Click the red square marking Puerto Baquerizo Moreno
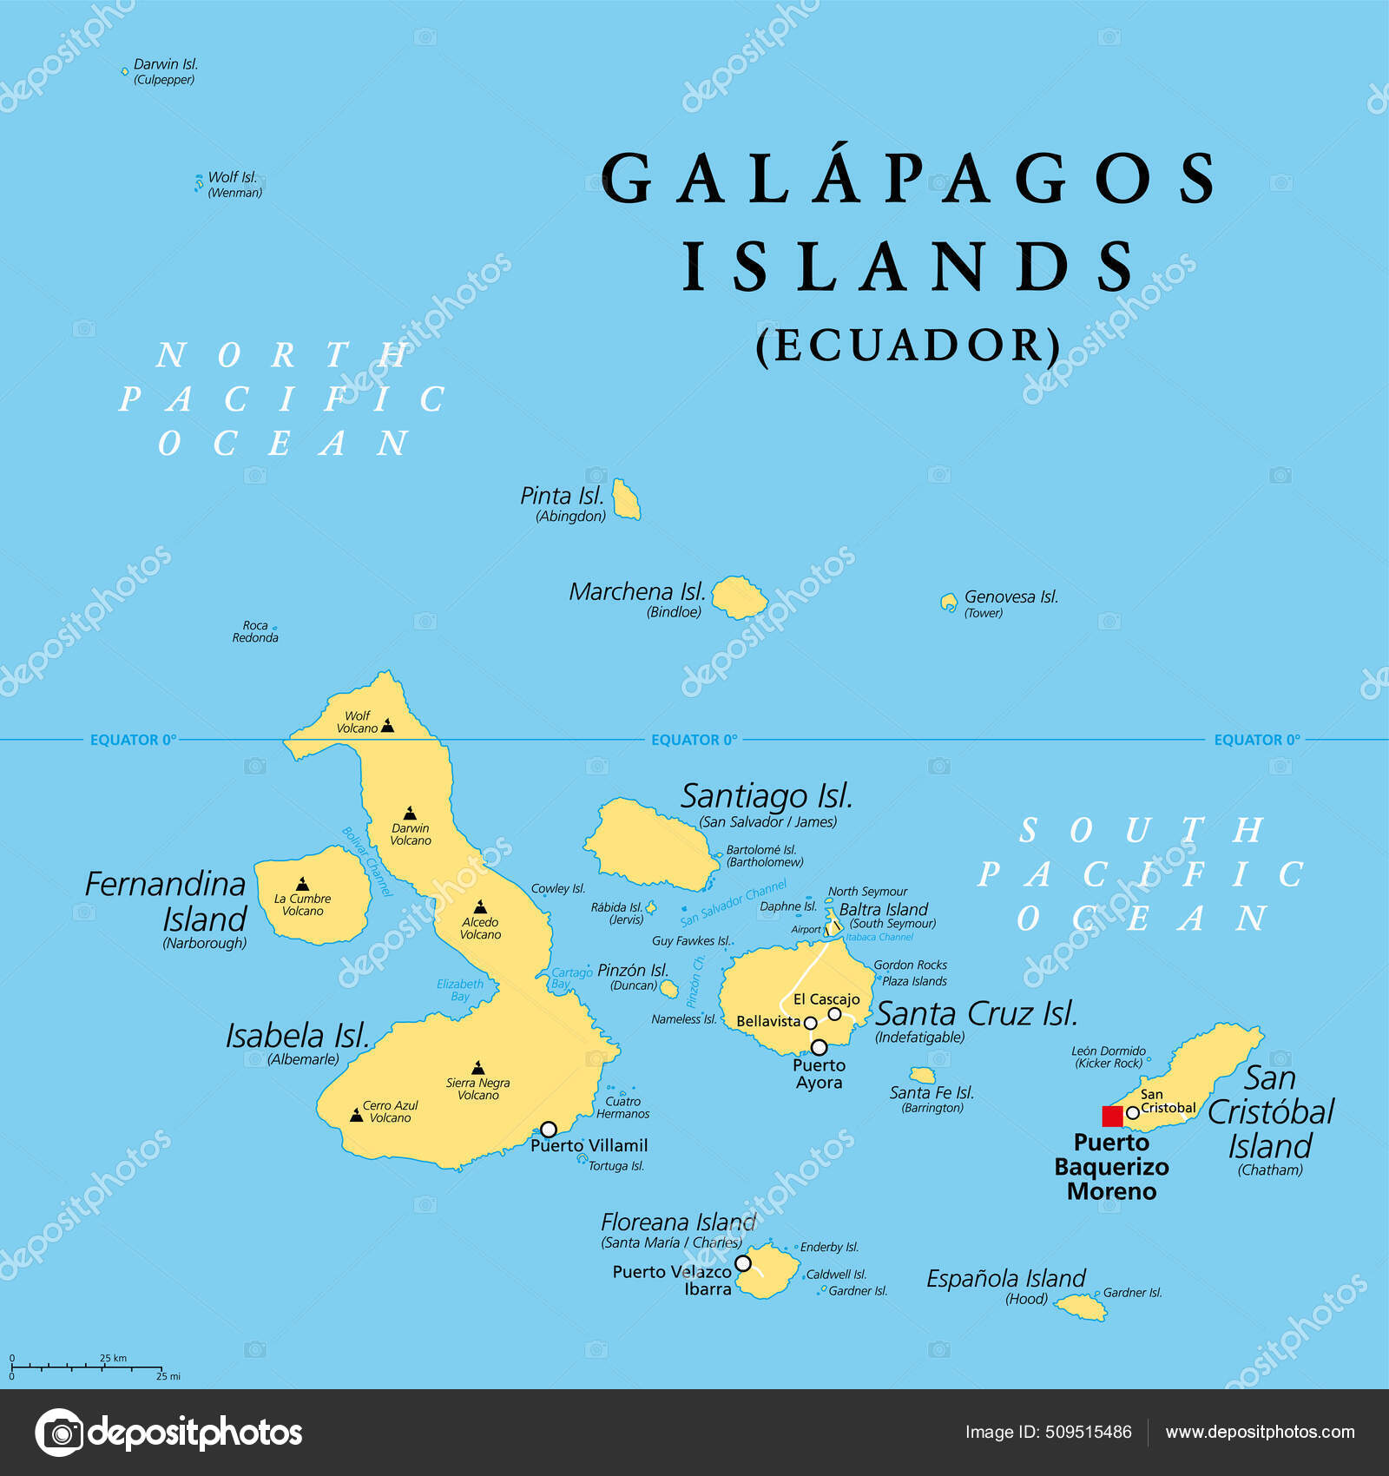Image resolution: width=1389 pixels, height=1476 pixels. click(x=1112, y=1116)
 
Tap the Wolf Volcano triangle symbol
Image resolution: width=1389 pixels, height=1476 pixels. click(x=388, y=726)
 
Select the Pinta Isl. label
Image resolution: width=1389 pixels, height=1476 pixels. click(x=562, y=496)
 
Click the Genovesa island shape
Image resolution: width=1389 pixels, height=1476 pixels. click(x=949, y=601)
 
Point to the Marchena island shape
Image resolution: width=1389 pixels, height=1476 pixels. click(x=739, y=597)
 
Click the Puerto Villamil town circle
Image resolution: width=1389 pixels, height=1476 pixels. click(x=549, y=1129)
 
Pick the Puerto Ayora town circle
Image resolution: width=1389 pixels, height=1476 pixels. click(x=819, y=1047)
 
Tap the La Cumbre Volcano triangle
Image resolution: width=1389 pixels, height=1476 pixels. click(x=302, y=884)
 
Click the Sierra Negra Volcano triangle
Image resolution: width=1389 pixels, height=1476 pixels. click(x=478, y=1067)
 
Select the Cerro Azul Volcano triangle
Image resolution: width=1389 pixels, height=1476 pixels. click(x=356, y=1114)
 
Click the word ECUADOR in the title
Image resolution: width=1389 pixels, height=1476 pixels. click(x=909, y=346)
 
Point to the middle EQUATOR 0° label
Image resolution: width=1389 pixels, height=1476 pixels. click(x=694, y=740)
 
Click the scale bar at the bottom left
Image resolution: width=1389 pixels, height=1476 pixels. click(x=87, y=1367)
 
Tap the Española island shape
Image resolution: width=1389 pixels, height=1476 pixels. click(x=1081, y=1306)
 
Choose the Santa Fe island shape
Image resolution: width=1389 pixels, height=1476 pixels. click(x=922, y=1075)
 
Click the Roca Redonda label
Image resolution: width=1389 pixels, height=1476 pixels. click(x=255, y=631)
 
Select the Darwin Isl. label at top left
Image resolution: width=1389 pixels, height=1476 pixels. click(x=165, y=64)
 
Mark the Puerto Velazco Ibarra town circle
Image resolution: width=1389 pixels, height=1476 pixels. click(x=743, y=1263)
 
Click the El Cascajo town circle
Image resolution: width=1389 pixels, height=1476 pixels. click(x=834, y=1014)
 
